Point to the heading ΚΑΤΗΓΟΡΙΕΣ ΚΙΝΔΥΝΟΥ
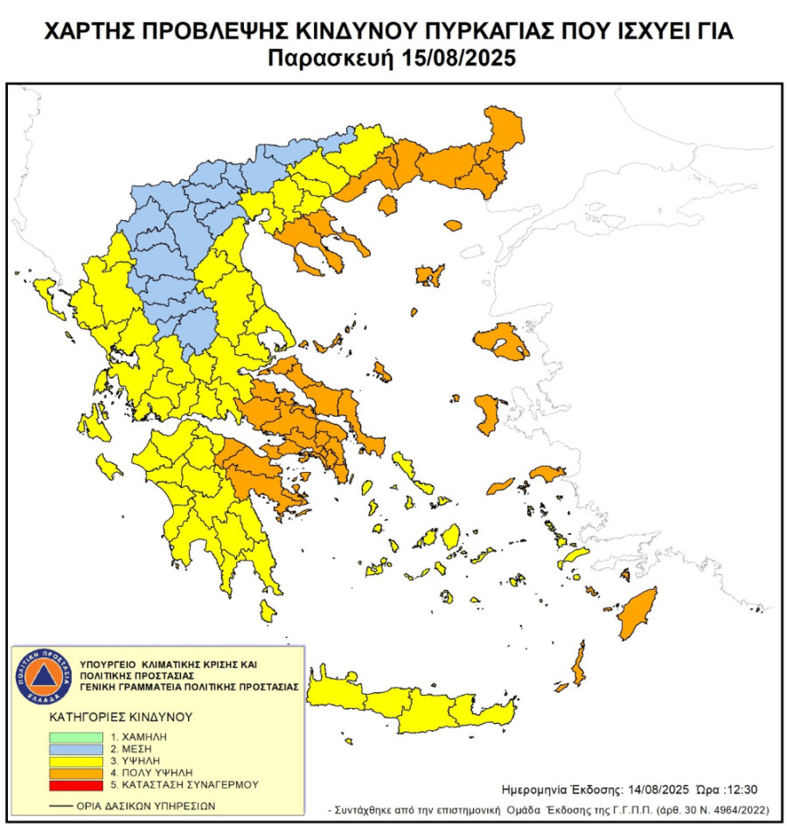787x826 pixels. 120,717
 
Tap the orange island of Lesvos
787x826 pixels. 501,341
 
